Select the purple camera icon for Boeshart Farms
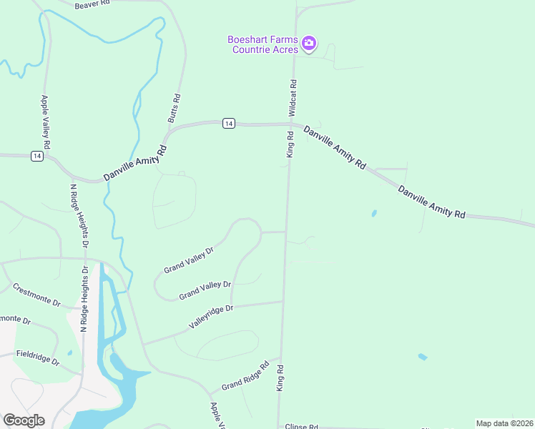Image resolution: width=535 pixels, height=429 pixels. coord(309,44)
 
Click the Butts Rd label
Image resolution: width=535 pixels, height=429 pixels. coord(175,108)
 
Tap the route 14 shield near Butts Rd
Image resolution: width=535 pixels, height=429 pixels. coord(227,124)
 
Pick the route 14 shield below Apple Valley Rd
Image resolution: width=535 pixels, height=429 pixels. coord(36,156)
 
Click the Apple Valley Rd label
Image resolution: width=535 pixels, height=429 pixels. coord(46,122)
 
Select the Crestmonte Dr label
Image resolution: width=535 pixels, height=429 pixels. coord(36,294)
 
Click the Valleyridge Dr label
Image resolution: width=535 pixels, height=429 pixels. coord(211,317)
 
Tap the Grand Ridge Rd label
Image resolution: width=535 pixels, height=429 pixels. coord(245,376)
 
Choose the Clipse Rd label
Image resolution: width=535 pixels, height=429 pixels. coord(301,426)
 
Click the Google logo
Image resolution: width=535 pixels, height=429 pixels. coord(24,420)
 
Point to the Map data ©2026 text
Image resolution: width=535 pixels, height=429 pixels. coord(504,423)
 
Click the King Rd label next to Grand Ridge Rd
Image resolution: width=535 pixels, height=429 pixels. coord(280,378)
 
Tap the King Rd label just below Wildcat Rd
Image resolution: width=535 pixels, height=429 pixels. coord(290,144)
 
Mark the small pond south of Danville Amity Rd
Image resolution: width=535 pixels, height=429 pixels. coord(373,213)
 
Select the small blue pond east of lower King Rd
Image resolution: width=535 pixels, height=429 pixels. coord(423,357)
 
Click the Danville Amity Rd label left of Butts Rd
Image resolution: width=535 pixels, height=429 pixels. coord(134,163)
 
